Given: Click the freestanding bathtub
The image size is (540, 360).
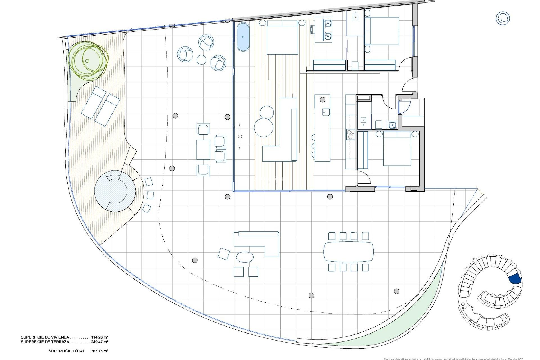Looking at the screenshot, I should [x=243, y=37].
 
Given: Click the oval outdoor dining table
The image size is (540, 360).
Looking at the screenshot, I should [x=349, y=252].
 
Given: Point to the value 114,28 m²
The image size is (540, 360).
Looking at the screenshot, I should [x=100, y=337].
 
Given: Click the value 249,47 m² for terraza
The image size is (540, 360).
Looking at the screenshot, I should [x=100, y=342].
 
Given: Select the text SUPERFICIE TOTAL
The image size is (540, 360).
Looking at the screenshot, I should [x=67, y=351].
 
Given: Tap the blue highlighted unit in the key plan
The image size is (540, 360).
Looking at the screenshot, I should [x=515, y=279].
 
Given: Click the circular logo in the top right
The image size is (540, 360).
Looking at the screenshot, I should [x=503, y=19].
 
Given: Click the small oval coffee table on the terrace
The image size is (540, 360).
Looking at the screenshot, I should [x=244, y=257].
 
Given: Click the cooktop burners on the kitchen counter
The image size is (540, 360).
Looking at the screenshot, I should [x=351, y=134].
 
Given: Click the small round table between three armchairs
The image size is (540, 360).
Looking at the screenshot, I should [x=201, y=60].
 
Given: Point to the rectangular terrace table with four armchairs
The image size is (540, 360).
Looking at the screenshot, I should [x=203, y=150].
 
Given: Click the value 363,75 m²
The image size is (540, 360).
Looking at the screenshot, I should [x=100, y=351].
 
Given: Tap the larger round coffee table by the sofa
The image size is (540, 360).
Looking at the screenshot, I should [x=264, y=127].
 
